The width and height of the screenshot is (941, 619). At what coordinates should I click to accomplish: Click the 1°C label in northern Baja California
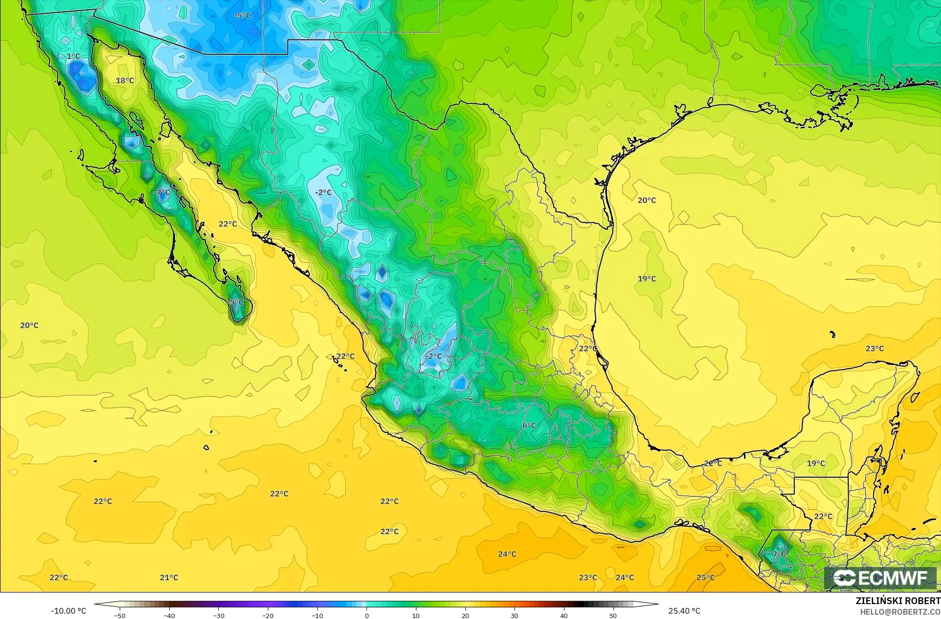(x=73, y=56)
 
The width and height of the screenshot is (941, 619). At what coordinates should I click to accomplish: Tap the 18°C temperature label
(x=125, y=80)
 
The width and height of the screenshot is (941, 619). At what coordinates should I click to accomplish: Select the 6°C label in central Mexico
(x=529, y=425)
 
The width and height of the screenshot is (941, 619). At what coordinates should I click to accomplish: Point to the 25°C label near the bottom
(x=705, y=577)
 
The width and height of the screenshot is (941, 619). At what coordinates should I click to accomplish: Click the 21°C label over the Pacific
(x=169, y=577)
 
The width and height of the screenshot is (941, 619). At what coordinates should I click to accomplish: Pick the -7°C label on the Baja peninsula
(x=162, y=192)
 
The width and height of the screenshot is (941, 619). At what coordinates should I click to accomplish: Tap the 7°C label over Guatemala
(x=779, y=554)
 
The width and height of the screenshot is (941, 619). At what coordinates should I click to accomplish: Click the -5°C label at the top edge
(x=242, y=15)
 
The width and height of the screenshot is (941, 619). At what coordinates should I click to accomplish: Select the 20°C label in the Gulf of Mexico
(x=647, y=200)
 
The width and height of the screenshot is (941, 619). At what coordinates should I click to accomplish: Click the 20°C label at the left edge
(x=29, y=325)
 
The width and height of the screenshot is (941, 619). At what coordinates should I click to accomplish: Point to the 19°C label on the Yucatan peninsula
(x=816, y=463)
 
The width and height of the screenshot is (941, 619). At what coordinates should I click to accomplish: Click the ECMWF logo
(x=881, y=578)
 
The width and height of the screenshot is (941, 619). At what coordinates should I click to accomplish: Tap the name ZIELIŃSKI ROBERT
(x=898, y=601)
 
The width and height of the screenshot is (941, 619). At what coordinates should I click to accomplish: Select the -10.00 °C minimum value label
(x=68, y=611)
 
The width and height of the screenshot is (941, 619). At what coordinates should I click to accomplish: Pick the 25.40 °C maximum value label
(x=684, y=611)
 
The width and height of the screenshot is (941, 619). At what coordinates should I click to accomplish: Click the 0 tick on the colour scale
(x=366, y=616)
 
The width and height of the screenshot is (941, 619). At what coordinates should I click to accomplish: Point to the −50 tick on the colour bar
(x=120, y=616)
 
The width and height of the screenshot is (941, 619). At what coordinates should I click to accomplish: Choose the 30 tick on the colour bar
(x=514, y=616)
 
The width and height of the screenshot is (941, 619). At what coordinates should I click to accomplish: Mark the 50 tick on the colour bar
(x=613, y=616)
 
